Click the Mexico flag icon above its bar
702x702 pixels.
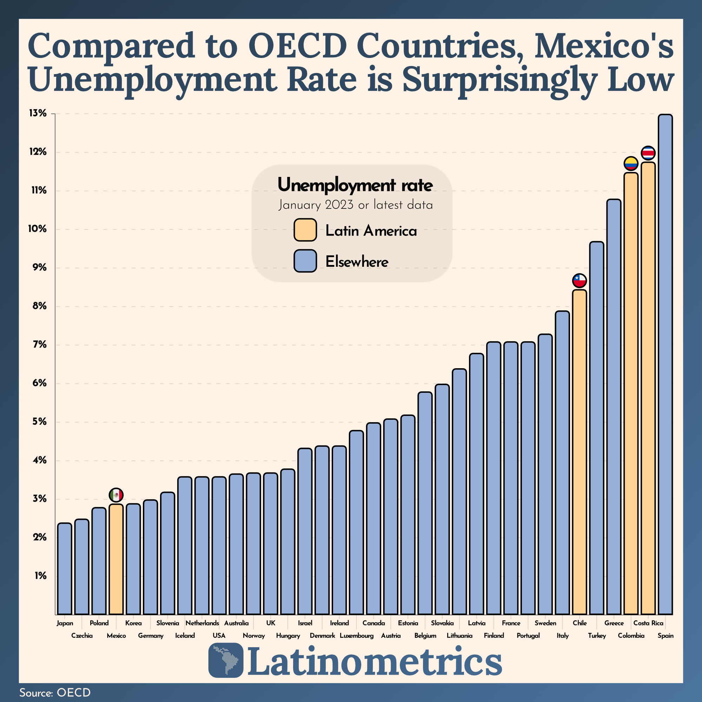pos(116,495)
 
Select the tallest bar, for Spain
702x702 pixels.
pos(665,363)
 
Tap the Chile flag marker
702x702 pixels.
pos(580,280)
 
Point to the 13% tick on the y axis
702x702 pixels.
pos(38,114)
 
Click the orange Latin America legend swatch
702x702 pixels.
pos(305,230)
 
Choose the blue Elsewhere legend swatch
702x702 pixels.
pos(305,261)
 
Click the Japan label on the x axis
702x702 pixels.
pos(65,623)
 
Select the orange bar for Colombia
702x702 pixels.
pos(631,392)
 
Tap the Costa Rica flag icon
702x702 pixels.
pos(648,153)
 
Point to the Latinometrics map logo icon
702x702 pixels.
pos(226,660)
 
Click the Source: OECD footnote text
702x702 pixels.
pos(55,692)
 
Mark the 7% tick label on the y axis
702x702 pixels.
pos(40,344)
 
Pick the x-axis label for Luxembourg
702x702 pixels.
pos(357,636)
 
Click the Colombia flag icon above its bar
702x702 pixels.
pos(631,164)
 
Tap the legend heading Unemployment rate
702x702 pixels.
pos(355,185)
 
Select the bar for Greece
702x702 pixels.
pos(614,407)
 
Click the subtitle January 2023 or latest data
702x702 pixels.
pos(355,205)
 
